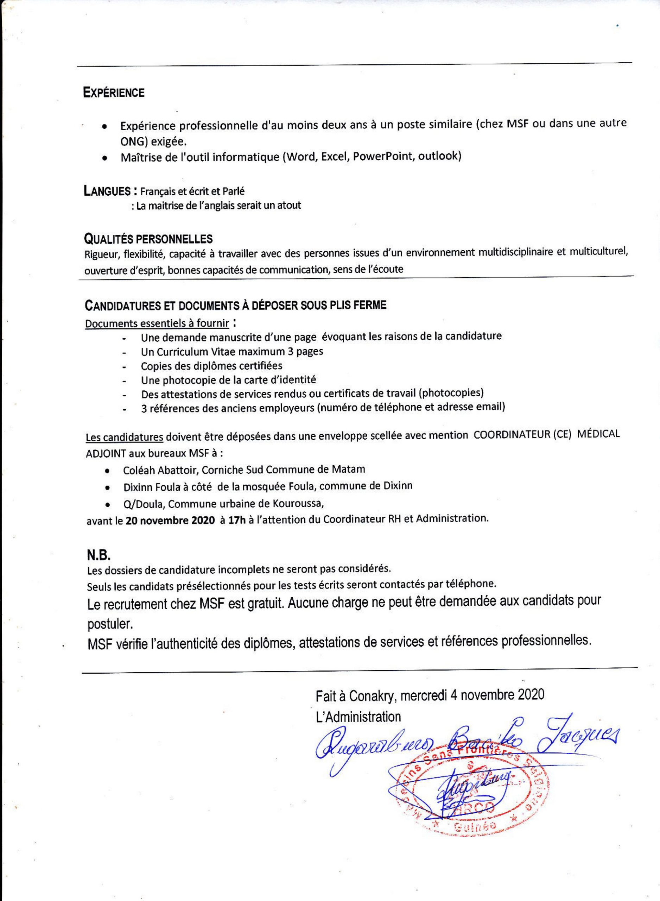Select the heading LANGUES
[107, 191]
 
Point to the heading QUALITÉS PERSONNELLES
[148, 239]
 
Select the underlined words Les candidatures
[124, 437]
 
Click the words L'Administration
[358, 717]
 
